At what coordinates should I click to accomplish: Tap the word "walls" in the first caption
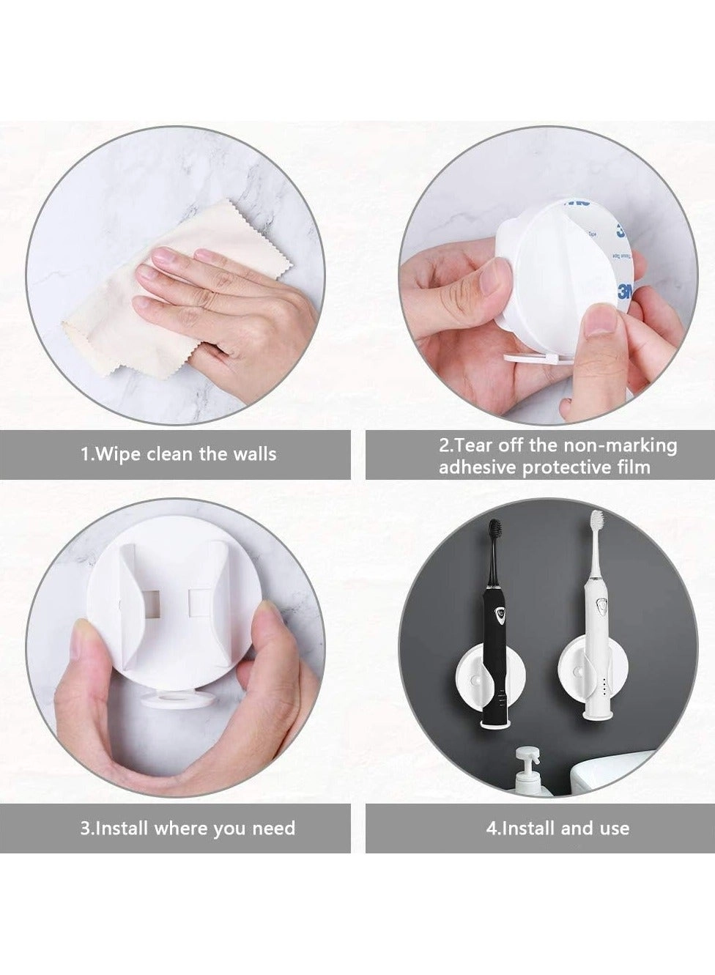pyautogui.click(x=253, y=454)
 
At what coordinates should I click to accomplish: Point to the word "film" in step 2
pyautogui.click(x=634, y=467)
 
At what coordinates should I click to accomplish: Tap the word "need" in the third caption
pyautogui.click(x=274, y=828)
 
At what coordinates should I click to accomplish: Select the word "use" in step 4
pyautogui.click(x=613, y=828)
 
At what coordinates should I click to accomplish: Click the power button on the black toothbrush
pyautogui.click(x=502, y=614)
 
